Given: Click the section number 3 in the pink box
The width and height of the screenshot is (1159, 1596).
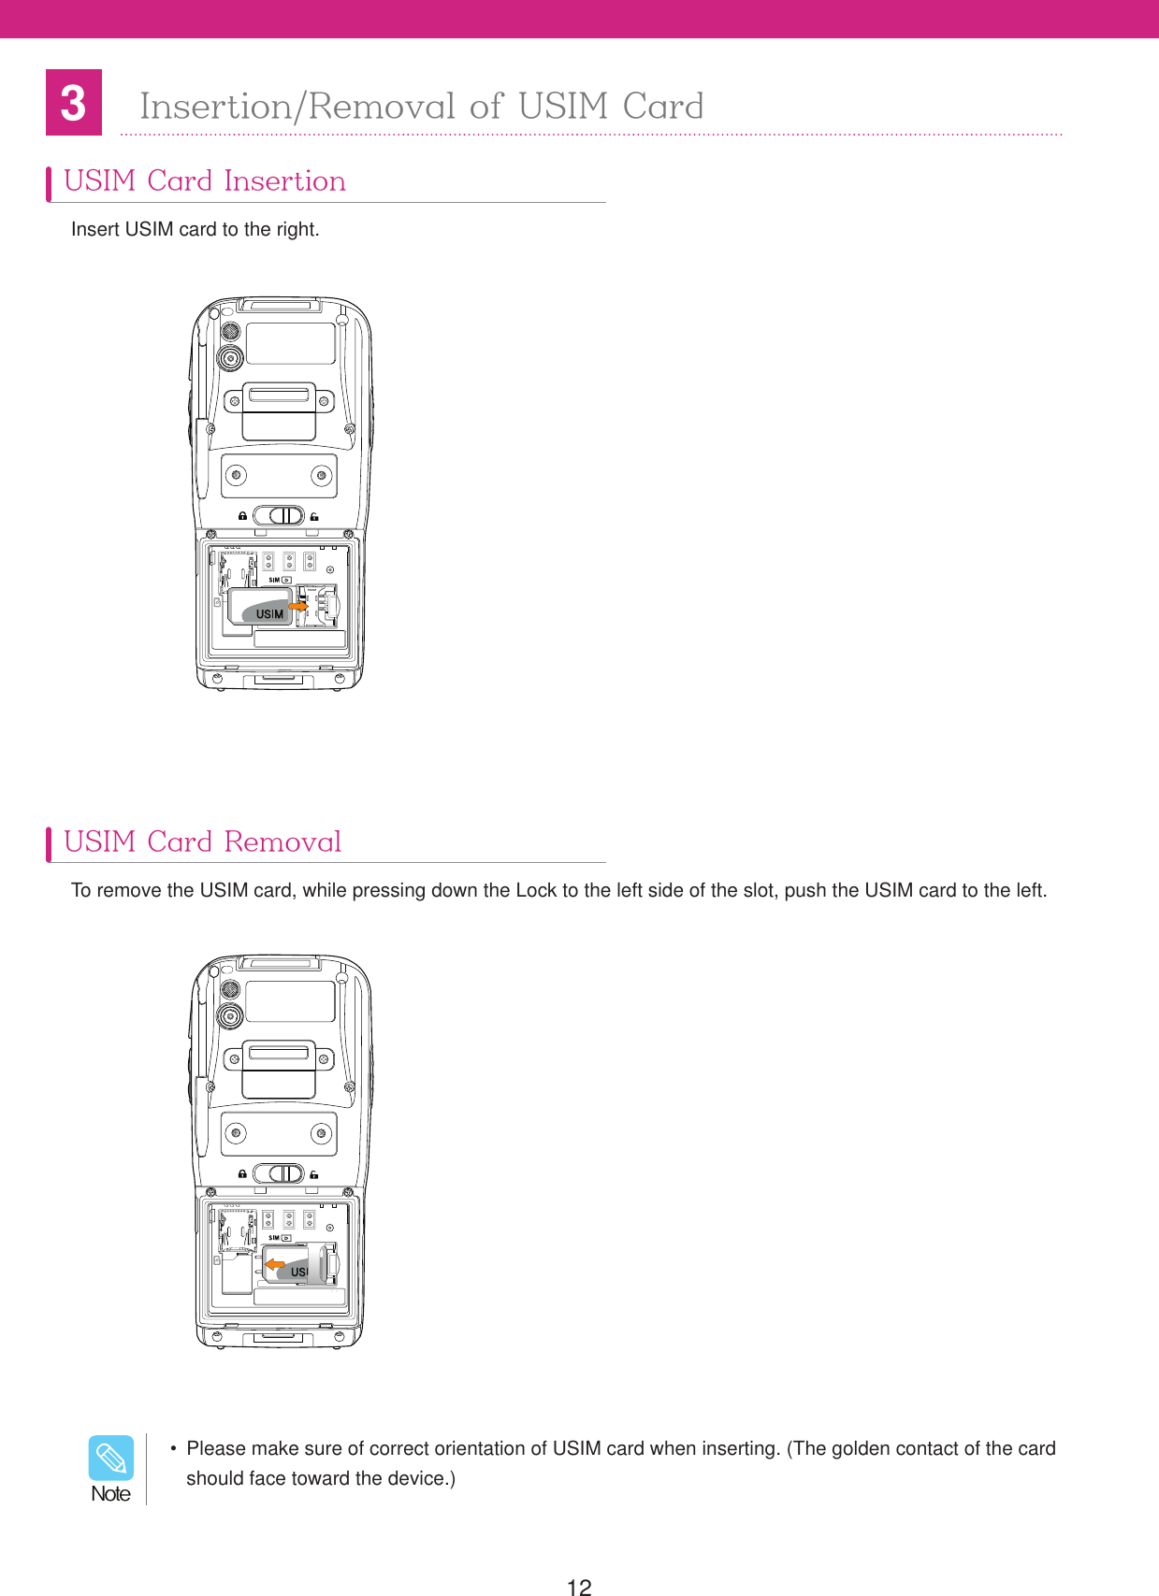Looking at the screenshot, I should (73, 103).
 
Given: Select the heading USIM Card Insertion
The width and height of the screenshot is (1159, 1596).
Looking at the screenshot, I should (205, 180).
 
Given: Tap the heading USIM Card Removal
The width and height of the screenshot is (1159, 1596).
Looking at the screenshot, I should (203, 841).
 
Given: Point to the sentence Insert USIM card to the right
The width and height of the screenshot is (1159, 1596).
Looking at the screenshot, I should (195, 229).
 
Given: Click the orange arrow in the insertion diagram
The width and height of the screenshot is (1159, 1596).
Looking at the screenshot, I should (297, 607).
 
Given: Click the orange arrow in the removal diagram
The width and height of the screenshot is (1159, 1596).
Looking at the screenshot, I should (275, 1265).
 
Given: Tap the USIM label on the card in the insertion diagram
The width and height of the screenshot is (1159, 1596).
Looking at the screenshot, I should (269, 614).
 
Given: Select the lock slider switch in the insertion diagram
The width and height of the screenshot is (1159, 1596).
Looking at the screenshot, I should (279, 516).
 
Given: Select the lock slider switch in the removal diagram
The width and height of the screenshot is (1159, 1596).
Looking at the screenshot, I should (279, 1173).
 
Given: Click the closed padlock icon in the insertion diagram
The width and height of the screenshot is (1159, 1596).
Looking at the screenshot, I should (242, 516).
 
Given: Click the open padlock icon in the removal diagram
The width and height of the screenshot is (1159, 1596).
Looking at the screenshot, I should (314, 1174).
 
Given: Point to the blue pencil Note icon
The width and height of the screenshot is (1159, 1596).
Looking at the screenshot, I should (111, 1458).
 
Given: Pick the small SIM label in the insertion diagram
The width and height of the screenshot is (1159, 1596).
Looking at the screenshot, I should (274, 581).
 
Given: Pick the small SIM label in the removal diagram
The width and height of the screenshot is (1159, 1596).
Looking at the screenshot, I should (274, 1238).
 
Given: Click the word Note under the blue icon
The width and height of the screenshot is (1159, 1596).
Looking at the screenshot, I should (111, 1494).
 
